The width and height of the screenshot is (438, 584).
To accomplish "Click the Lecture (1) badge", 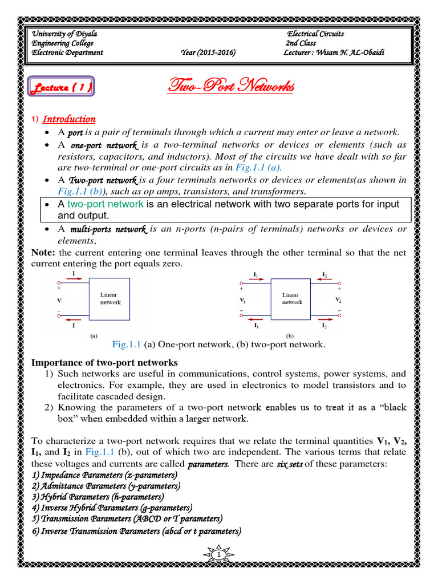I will pos(61,87).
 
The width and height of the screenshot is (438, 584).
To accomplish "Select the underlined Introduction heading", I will pos(69,119).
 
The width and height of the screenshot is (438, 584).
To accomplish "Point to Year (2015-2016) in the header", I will pos(208,52).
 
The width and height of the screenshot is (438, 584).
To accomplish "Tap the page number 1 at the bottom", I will pos(219,554).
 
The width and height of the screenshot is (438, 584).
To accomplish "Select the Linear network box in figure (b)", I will pos(291,299).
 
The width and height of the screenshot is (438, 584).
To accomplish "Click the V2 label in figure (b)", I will pos(338,299).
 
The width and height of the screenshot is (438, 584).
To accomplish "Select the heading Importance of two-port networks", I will pos(104,363).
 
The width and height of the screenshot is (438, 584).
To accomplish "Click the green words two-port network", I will pos(105,204).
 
